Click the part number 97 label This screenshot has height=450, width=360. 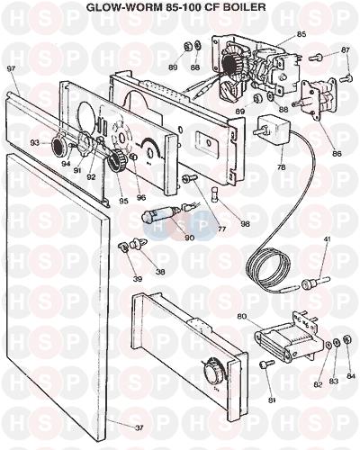coord(11,68)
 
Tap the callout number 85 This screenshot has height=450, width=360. coord(301,34)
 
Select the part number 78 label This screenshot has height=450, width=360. coord(282,167)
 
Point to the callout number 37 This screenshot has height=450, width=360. coord(139,428)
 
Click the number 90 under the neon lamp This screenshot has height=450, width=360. coord(190,238)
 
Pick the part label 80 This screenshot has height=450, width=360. coord(242,316)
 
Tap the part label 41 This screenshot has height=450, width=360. coord(327,239)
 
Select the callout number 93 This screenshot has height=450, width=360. coord(35,143)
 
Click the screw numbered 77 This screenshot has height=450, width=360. coord(190,178)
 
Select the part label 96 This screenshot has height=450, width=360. coord(140,198)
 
